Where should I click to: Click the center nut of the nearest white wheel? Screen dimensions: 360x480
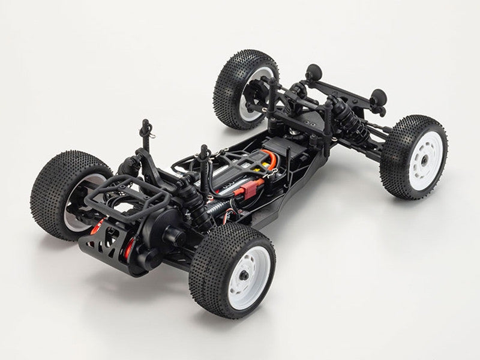[246, 275]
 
